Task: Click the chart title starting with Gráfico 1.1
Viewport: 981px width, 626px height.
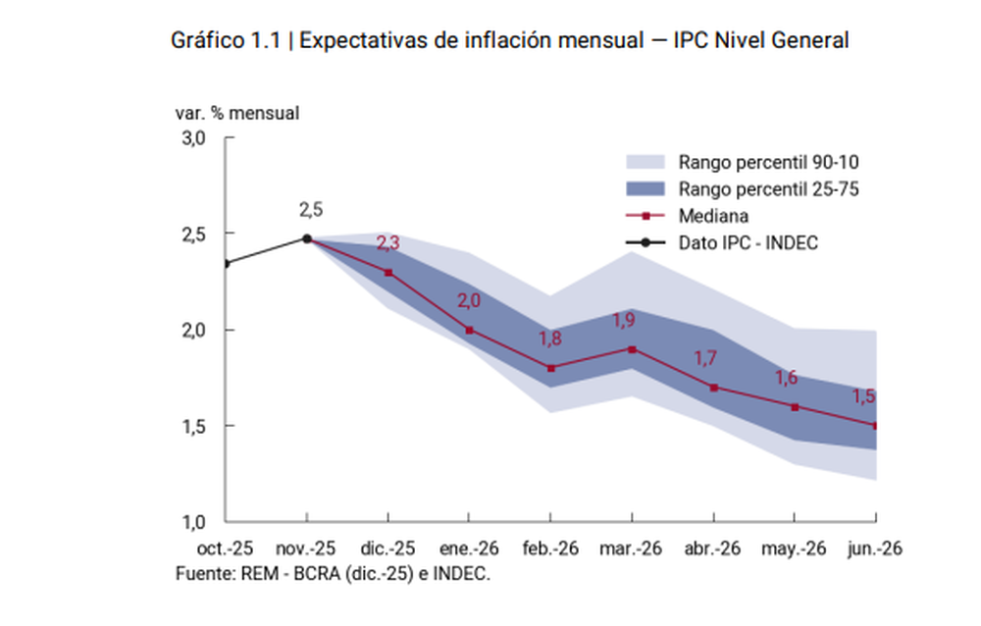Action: click(509, 40)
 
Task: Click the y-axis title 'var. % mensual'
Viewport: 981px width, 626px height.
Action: click(237, 113)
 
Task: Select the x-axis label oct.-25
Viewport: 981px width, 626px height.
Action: click(225, 548)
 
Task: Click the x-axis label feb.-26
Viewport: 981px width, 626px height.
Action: click(550, 548)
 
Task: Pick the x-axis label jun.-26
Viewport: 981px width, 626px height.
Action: click(874, 548)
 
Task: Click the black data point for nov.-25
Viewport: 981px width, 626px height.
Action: click(307, 238)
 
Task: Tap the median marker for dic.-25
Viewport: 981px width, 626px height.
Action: click(388, 273)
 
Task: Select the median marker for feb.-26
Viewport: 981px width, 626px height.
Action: click(551, 368)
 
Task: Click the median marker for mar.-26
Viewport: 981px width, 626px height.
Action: click(633, 349)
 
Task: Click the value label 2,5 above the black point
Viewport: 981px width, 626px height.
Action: click(311, 209)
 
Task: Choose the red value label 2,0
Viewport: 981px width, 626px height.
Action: click(469, 301)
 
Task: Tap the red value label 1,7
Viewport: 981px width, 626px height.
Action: click(705, 359)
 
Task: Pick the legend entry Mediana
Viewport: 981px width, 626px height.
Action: click(711, 216)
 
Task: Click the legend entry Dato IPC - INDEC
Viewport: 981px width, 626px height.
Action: click(748, 242)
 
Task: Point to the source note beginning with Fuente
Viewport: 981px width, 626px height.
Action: click(333, 573)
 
